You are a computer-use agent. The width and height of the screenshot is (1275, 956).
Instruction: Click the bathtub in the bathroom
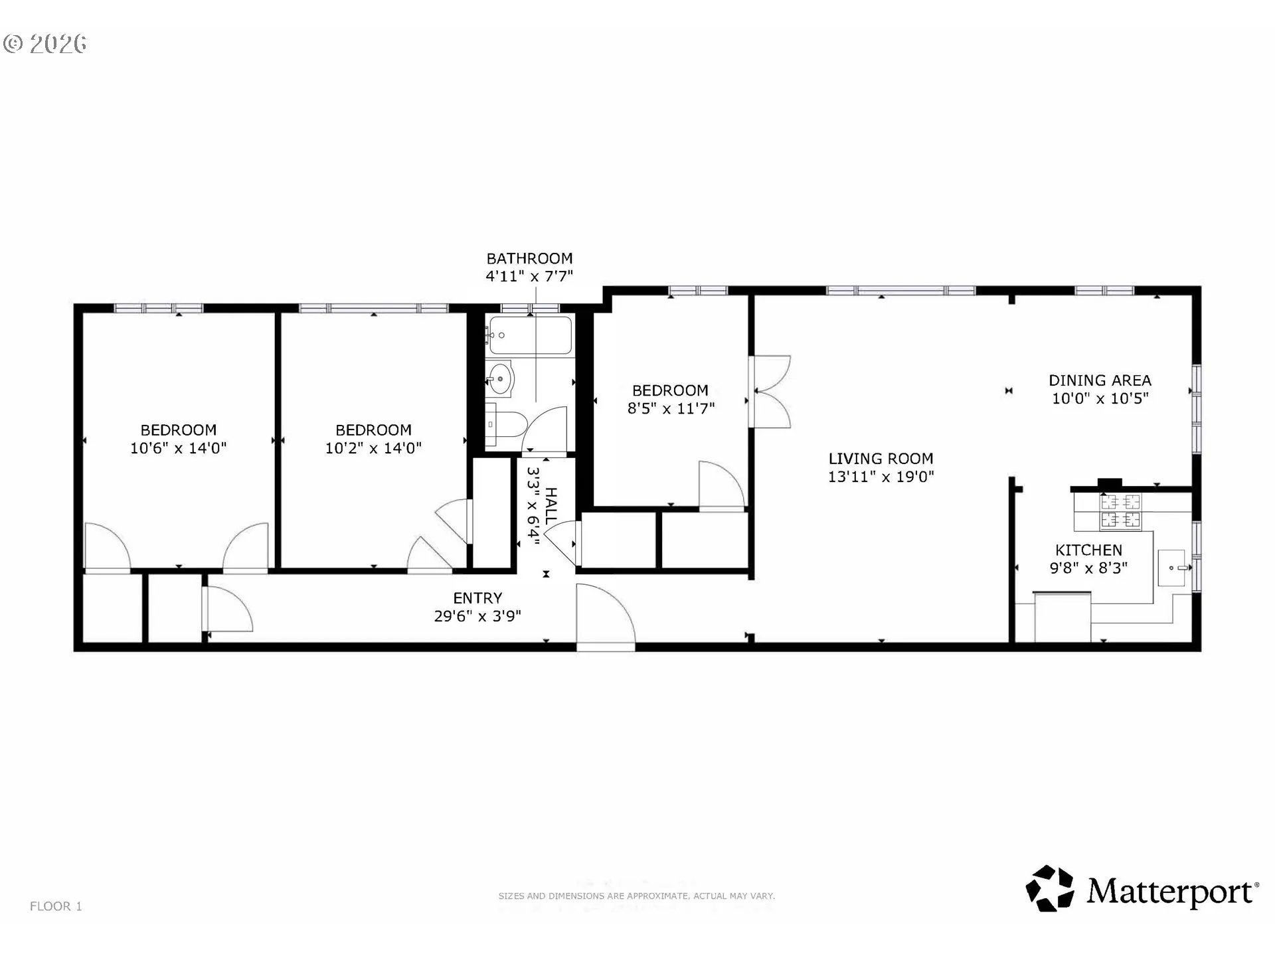pyautogui.click(x=529, y=335)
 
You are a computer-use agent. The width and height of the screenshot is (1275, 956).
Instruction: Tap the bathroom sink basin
pyautogui.click(x=499, y=380)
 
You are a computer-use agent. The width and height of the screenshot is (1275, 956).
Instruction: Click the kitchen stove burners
pyautogui.click(x=1121, y=511)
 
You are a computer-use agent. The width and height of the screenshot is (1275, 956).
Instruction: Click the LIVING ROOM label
pyautogui.click(x=881, y=459)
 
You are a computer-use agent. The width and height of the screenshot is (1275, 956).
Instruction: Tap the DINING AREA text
pyautogui.click(x=1100, y=380)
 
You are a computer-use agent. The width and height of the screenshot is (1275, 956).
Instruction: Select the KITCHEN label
pyautogui.click(x=1088, y=550)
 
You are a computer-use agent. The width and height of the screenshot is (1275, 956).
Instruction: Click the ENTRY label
pyautogui.click(x=477, y=598)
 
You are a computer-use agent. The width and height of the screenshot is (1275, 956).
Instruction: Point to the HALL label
pyautogui.click(x=551, y=506)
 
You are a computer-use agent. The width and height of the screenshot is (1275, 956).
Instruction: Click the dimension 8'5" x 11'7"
pyautogui.click(x=671, y=408)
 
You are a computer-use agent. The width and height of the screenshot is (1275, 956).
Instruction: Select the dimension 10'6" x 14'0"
pyautogui.click(x=178, y=448)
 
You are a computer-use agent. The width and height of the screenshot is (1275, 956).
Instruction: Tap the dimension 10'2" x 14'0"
pyautogui.click(x=373, y=448)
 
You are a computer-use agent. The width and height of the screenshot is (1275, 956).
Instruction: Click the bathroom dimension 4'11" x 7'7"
pyautogui.click(x=529, y=276)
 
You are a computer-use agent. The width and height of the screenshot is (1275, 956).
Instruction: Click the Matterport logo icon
pyautogui.click(x=1050, y=888)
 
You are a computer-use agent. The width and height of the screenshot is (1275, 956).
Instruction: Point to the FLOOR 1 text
pyautogui.click(x=56, y=906)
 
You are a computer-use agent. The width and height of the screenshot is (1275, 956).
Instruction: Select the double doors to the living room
pyautogui.click(x=770, y=392)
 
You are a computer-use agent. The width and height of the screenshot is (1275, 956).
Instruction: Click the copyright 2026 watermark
pyautogui.click(x=45, y=44)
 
